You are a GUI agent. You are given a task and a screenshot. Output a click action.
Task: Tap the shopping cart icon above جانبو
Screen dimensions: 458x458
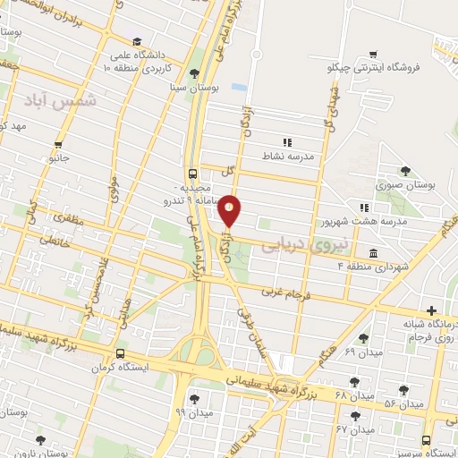(58, 145)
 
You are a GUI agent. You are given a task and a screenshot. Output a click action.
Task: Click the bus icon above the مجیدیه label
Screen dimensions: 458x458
(193, 174)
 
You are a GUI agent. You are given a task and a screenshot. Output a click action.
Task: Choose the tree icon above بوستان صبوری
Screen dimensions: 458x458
(406, 170)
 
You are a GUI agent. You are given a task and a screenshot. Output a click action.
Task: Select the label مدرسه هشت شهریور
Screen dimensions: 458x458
(364, 219)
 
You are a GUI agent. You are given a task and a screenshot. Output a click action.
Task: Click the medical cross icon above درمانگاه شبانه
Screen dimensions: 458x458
(432, 310)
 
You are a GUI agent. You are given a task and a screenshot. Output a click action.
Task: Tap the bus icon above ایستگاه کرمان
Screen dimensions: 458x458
(119, 354)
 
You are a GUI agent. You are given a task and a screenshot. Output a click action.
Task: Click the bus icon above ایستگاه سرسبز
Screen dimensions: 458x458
(426, 441)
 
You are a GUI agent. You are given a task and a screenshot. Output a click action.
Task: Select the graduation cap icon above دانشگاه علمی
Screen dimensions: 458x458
(137, 41)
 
